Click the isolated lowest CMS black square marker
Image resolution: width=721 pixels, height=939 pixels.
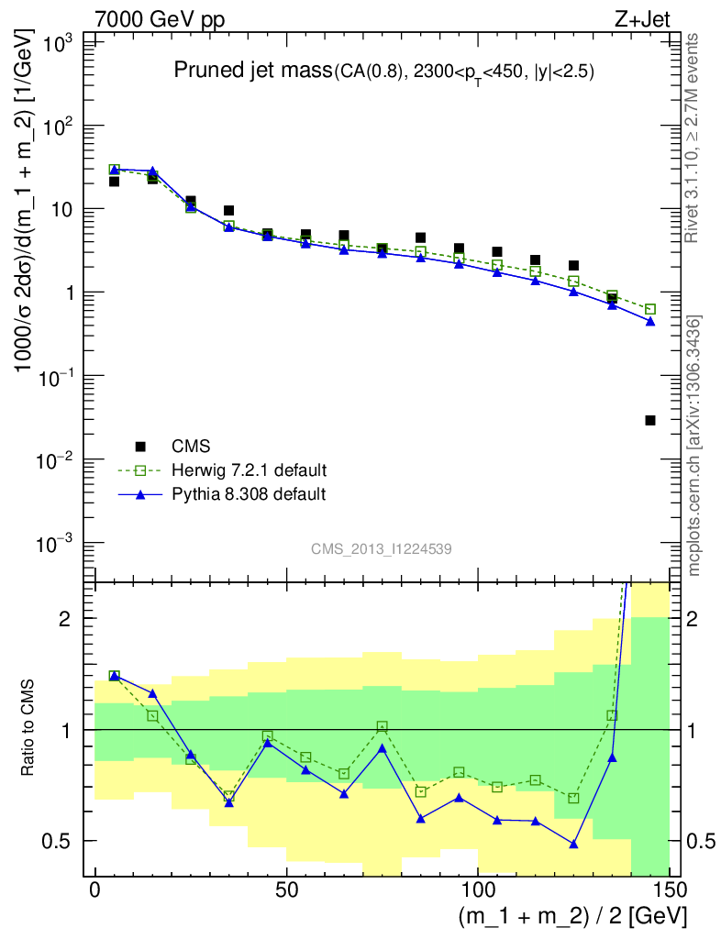pos(650,420)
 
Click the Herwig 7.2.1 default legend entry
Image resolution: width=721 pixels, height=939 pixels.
pos(249,470)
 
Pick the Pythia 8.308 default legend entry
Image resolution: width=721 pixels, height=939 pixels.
pos(249,494)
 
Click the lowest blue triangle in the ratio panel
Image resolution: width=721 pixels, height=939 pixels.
pos(573,844)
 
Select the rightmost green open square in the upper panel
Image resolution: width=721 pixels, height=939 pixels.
pos(650,309)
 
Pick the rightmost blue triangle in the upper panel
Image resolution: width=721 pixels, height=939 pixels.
pos(650,321)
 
